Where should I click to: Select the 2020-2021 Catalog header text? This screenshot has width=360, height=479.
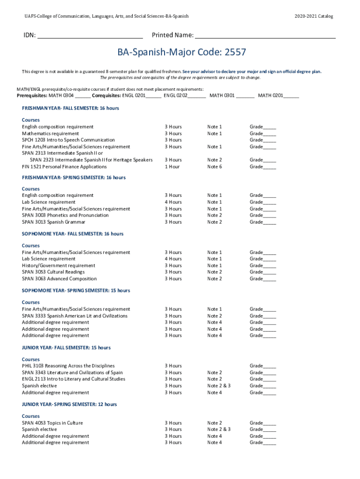(314, 16)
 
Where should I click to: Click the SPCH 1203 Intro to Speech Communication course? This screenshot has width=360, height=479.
(68, 140)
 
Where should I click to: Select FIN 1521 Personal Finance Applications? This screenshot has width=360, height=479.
(65, 167)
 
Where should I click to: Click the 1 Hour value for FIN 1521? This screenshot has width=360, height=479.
(172, 167)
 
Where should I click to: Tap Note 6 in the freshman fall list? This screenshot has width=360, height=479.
(215, 167)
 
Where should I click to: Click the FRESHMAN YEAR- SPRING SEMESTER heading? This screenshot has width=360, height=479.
(74, 178)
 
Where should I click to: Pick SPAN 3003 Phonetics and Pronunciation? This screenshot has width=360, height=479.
(65, 215)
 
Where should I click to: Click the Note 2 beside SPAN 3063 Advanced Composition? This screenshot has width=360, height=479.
(215, 279)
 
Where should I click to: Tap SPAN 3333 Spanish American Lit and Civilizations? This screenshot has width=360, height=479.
(74, 316)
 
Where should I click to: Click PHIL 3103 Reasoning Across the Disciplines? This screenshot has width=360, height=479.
(68, 366)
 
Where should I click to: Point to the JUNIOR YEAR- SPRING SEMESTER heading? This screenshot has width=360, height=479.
(70, 404)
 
